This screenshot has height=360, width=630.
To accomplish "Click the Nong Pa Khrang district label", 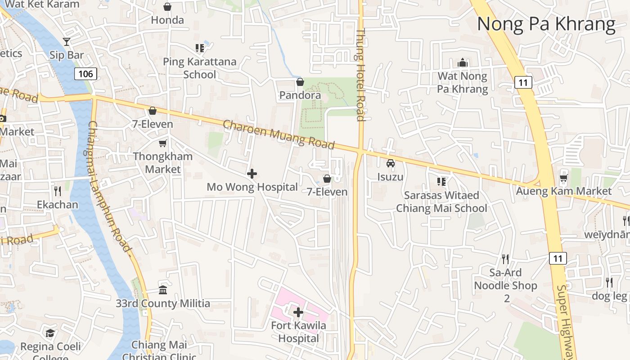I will point(546,24).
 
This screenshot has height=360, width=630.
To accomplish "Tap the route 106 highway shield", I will point(85,74).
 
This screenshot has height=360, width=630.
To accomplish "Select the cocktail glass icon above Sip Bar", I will point(67,42).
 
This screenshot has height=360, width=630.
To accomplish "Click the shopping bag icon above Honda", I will point(167,7).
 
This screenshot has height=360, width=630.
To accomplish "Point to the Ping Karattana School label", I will point(199,68).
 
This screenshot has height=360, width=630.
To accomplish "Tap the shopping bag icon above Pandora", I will point(300,82).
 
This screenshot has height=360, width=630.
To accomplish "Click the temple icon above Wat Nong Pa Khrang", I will point(463,63).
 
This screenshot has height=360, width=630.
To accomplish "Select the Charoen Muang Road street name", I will point(279,134).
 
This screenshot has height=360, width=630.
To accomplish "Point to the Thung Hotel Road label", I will point(360,75).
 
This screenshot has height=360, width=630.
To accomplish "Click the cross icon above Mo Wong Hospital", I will point(252,174).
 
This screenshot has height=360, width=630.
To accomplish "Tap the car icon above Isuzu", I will point(391,163).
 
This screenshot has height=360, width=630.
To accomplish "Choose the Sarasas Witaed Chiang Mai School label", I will point(441,202).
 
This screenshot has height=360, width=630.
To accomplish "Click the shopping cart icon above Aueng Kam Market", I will point(563,178).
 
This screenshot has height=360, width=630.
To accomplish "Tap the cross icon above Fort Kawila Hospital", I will point(298,312).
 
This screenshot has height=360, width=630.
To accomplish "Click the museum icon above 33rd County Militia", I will point(163,290).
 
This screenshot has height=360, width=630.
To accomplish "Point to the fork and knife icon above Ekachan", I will point(57,191).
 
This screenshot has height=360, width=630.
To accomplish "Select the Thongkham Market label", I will point(163,163).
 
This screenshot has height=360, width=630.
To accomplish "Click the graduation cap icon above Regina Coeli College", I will point(50,333).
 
